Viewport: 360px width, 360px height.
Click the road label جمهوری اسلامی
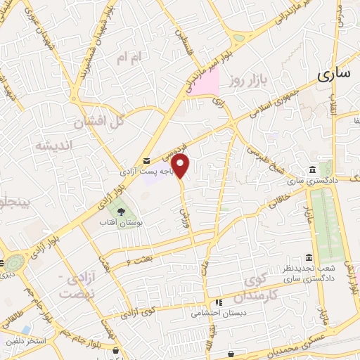click(278, 101)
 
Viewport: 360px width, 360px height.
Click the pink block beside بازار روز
click(207, 82)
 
